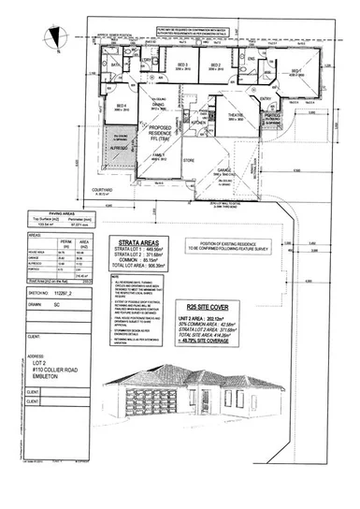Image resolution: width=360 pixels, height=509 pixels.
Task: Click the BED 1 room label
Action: (295, 70)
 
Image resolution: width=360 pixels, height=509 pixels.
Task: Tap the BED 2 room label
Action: (216, 64)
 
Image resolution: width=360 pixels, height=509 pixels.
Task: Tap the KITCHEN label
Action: (199, 123)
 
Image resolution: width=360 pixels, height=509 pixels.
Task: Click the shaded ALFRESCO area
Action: (119, 148)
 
